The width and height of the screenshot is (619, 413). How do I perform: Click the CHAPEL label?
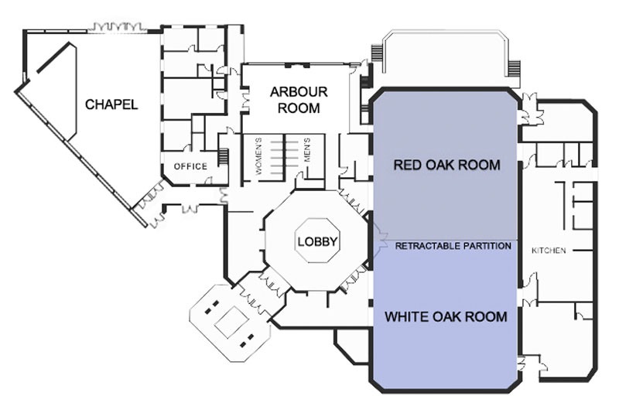tap(111, 104)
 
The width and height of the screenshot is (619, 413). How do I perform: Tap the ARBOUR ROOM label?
tap(299, 100)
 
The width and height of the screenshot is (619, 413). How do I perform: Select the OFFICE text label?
tap(190, 166)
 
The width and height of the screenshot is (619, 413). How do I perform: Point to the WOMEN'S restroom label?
tap(258, 156)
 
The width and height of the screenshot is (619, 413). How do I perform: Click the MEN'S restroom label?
tap(307, 150)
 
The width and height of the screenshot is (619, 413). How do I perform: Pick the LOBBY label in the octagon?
tap(317, 241)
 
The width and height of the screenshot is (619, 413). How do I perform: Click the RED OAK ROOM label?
tap(447, 165)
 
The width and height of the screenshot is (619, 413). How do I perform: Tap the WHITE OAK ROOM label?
tap(446, 317)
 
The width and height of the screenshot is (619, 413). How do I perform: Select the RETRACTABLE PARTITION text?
tap(453, 246)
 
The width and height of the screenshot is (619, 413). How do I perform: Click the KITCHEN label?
tap(549, 251)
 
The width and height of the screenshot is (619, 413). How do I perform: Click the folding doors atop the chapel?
tap(117, 27)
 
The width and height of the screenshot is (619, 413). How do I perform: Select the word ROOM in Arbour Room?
tap(299, 108)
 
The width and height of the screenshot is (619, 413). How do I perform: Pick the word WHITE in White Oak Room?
tap(407, 317)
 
